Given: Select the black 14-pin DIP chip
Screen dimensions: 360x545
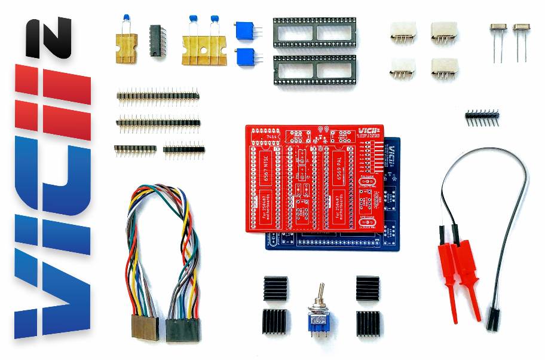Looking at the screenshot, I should pos(157,40).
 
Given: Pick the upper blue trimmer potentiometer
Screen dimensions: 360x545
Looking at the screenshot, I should pos(244,29).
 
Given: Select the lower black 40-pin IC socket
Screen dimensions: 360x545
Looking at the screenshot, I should pos(314,70).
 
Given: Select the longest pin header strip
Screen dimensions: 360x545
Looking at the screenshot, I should pos(158,124).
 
